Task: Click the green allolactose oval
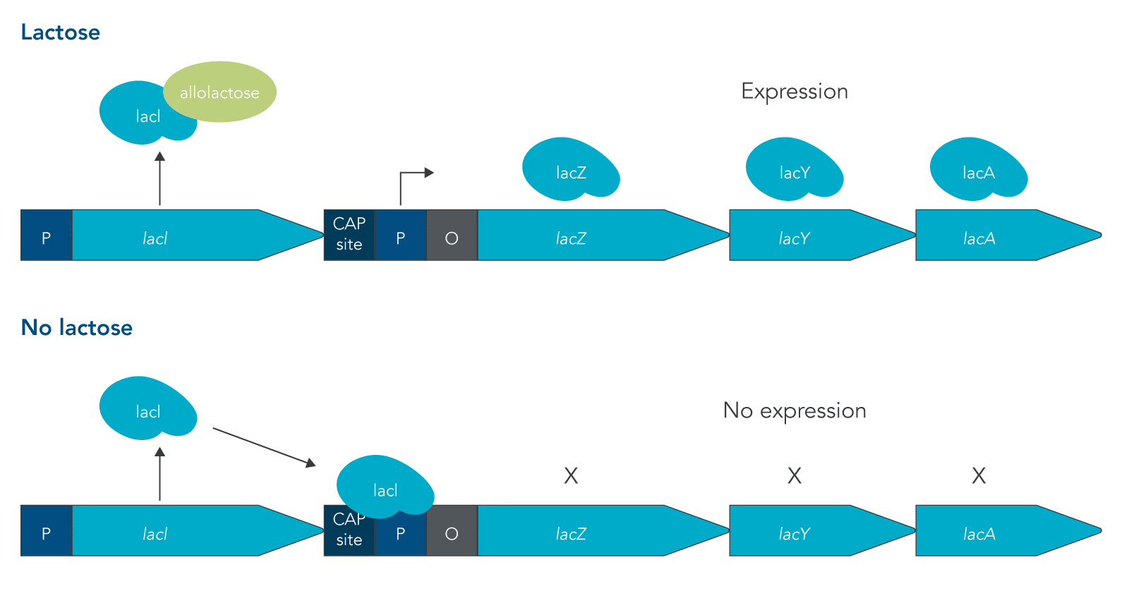[x=220, y=92]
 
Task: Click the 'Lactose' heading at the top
[x=61, y=32]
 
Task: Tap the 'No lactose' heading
[x=77, y=328]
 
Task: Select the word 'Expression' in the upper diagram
[x=795, y=92]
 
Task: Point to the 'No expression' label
[x=795, y=410]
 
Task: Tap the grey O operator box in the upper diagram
[x=452, y=236]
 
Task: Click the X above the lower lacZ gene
[x=571, y=476]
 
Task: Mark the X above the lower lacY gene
[x=795, y=476]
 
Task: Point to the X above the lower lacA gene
[x=979, y=476]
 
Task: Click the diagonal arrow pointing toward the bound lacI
[x=264, y=446]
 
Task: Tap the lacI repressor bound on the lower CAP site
[x=385, y=487]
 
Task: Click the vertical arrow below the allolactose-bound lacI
[x=160, y=179]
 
